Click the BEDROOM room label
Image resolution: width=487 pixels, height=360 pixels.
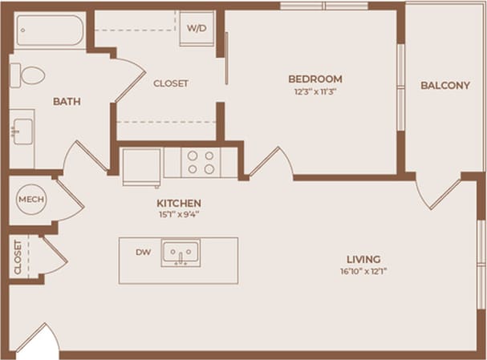click(315, 79)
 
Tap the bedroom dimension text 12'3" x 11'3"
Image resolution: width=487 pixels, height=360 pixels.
click(315, 91)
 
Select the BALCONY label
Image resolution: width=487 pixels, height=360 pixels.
click(444, 86)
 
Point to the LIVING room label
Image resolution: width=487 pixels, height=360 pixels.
click(363, 259)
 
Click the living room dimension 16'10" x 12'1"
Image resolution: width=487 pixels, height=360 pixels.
click(363, 271)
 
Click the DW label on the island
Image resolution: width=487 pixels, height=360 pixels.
click(143, 253)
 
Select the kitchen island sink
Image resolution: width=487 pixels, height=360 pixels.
click(181, 254)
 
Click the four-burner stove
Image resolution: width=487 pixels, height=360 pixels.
click(201, 162)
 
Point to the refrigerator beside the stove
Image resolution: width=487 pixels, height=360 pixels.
click(142, 165)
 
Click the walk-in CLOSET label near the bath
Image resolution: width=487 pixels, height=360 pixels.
click(170, 83)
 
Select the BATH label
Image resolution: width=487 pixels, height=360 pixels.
click(66, 102)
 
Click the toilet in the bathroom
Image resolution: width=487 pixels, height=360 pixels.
click(28, 76)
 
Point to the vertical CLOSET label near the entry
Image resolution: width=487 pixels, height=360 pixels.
click(18, 257)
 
